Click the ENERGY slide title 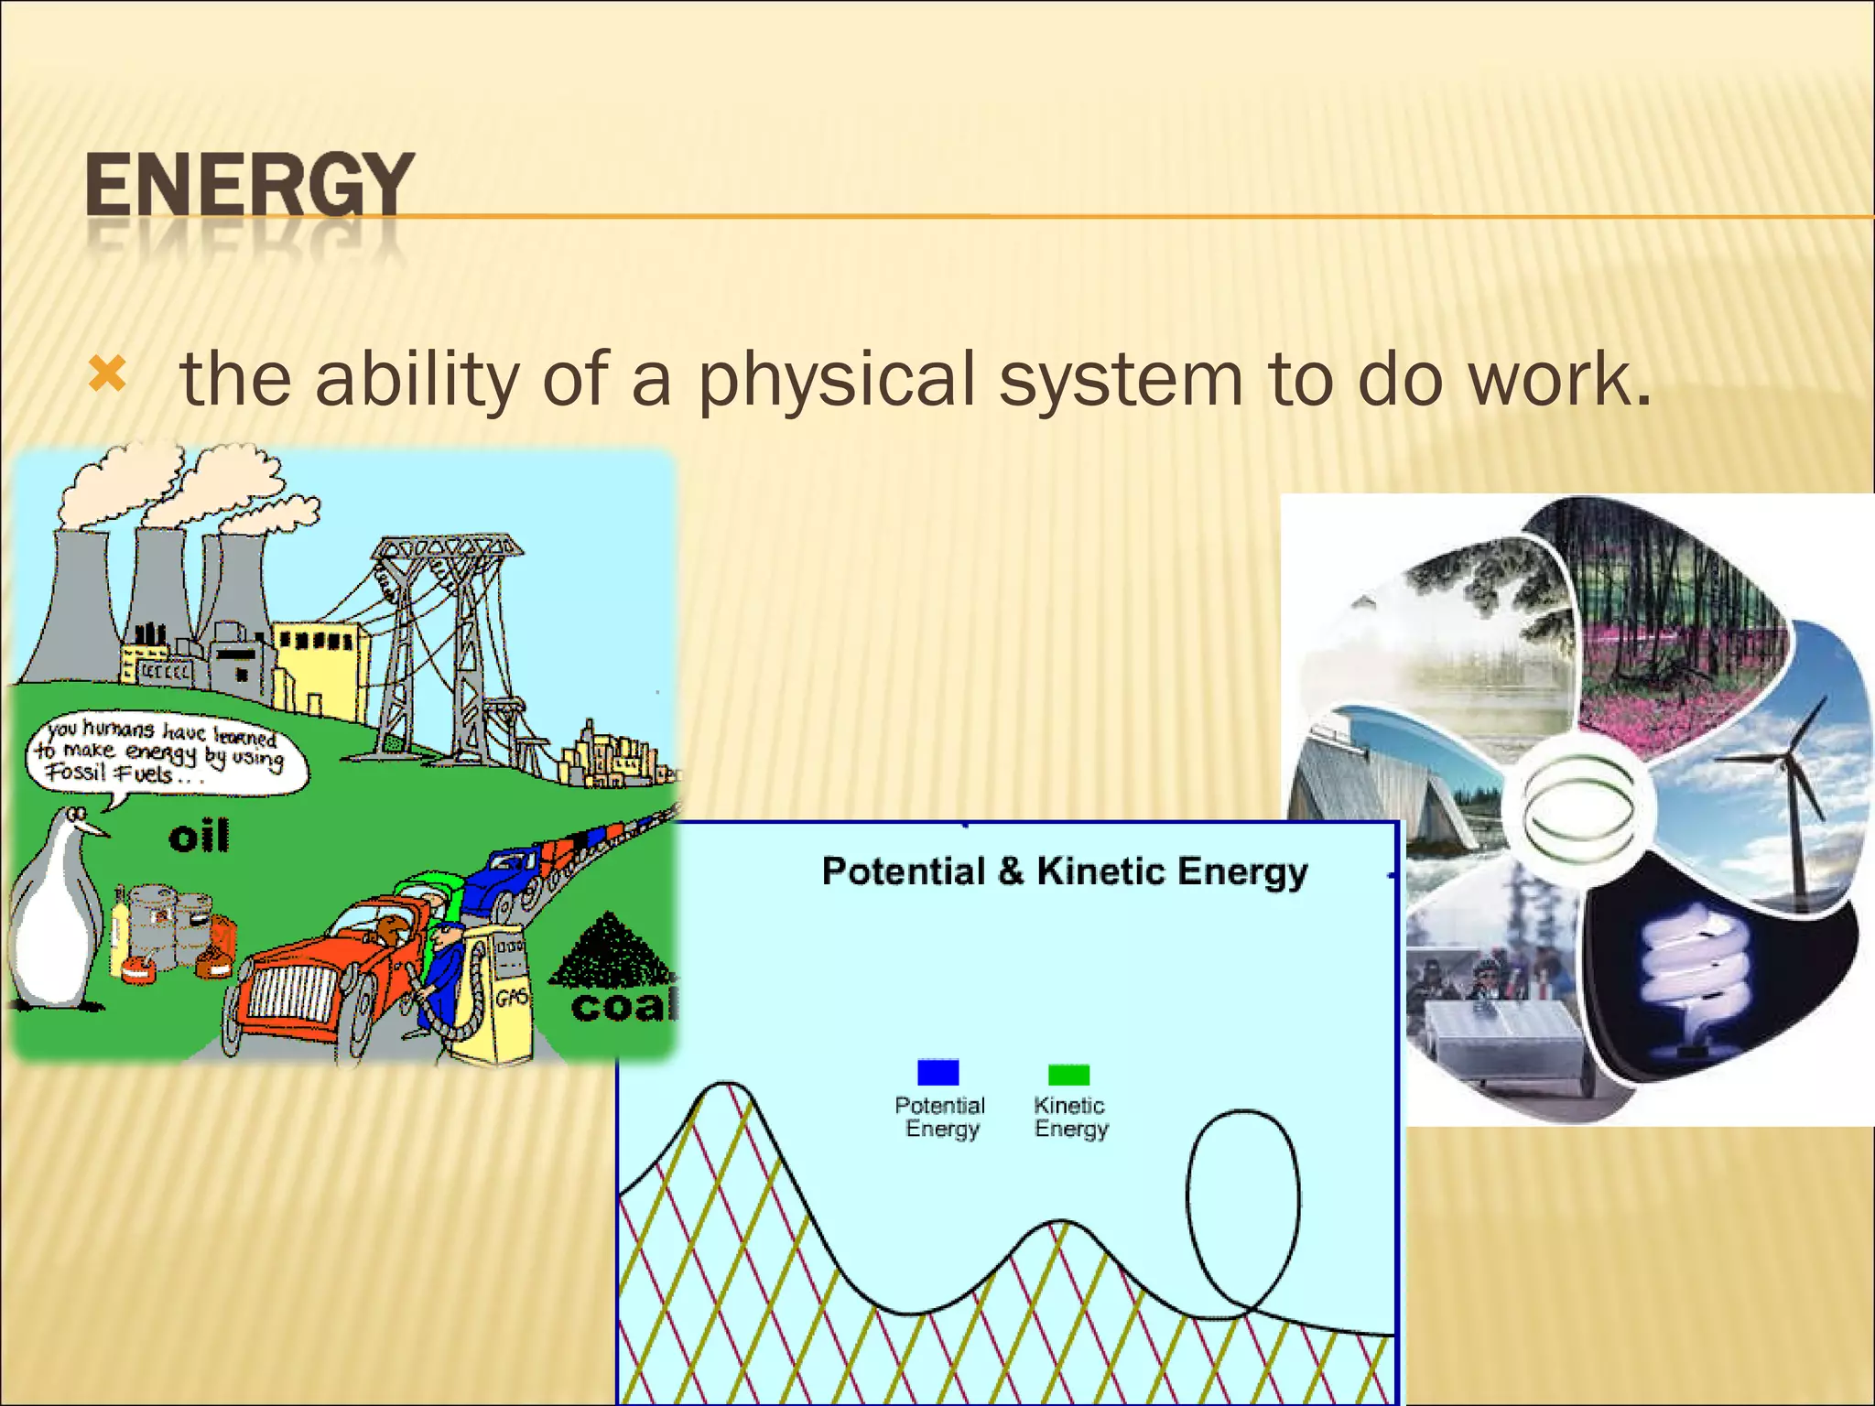[249, 186]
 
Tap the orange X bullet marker [107, 376]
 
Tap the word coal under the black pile [623, 1006]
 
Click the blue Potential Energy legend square [937, 1072]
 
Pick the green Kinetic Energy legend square [1068, 1074]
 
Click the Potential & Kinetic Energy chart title [1064, 871]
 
